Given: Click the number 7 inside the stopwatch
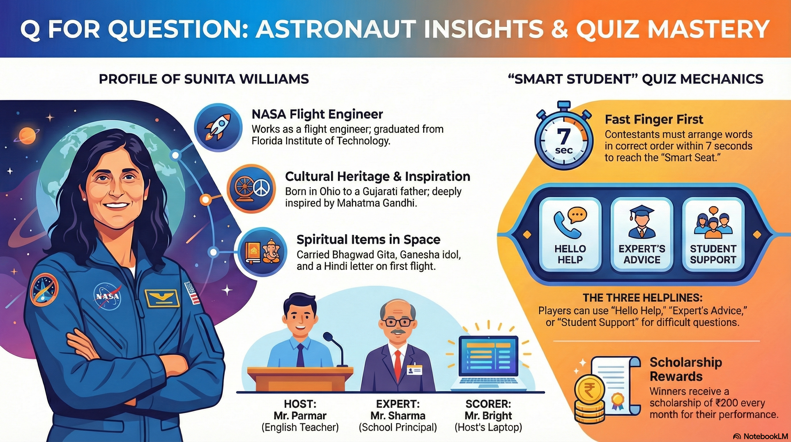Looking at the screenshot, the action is point(563,136).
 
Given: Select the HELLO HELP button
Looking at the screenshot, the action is point(570,235).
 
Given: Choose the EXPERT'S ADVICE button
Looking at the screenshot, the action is point(642,235).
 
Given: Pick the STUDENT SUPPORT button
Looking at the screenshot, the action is point(713,235).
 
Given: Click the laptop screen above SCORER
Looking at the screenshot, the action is point(489,357).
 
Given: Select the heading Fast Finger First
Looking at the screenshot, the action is point(654,119).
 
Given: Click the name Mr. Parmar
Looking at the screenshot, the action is point(300,416).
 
